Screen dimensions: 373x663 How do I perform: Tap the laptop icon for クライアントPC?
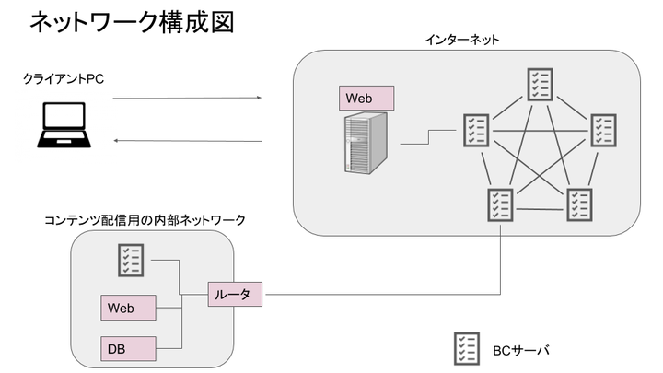coord(64,126)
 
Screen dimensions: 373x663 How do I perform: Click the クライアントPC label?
coord(64,79)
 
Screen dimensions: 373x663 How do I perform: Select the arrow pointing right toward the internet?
coord(187,97)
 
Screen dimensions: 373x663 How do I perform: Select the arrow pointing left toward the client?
coord(187,141)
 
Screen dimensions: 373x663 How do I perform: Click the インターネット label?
coord(462,40)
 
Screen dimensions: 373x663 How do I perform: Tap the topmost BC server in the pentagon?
coord(539,84)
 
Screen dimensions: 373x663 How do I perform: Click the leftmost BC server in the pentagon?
coord(475,129)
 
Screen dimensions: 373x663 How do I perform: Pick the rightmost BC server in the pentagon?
coord(602,129)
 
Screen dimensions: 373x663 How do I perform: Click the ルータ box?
coord(236,294)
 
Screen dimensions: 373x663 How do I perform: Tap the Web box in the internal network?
coord(129,308)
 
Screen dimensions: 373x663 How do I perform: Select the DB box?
coord(129,348)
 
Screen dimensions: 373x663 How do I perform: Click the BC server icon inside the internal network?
coord(129,261)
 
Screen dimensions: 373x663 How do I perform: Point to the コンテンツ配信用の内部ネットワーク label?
coord(145,220)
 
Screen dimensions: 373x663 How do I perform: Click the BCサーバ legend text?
coord(520,350)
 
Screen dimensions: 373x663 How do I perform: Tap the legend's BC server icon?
coord(467,349)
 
